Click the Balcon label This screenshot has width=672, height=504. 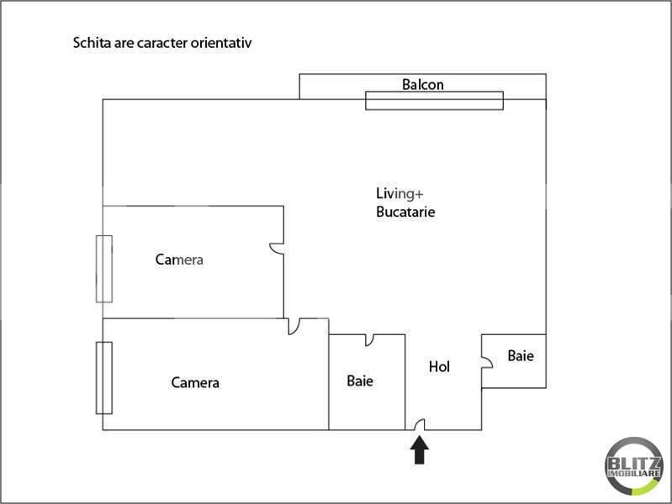[x=422, y=84]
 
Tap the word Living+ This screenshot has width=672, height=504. [x=399, y=194]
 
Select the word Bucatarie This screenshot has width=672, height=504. [x=405, y=212]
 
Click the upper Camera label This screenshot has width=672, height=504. [x=179, y=260]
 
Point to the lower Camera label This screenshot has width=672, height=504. [x=195, y=382]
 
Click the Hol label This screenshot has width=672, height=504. [x=439, y=366]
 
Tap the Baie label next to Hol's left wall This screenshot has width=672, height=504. [x=360, y=381]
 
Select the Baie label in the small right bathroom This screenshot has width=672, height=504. [x=521, y=355]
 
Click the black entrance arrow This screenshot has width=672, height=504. [x=419, y=449]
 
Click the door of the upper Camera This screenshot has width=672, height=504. [x=276, y=249]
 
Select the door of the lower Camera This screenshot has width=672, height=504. [x=294, y=327]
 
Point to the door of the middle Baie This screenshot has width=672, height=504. [x=369, y=340]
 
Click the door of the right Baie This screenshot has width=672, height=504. [x=487, y=362]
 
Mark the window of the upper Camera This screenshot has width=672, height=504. [x=104, y=269]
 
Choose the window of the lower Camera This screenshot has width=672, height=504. [x=104, y=378]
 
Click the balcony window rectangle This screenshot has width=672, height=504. [x=434, y=101]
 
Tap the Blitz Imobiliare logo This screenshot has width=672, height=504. [x=633, y=466]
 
